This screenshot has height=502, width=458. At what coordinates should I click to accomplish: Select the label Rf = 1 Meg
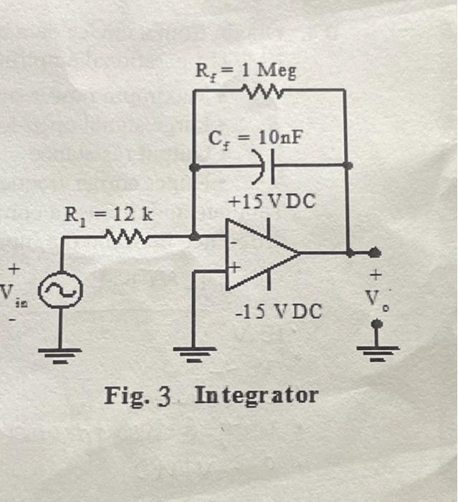pos(246,70)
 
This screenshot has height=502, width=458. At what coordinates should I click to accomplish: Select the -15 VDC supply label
pos(280,313)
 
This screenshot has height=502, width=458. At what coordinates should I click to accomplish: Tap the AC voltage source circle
pos(60,290)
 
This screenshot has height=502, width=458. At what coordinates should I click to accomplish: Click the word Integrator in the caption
pos(256,395)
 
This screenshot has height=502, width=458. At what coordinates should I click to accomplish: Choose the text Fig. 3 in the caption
pos(137,395)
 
